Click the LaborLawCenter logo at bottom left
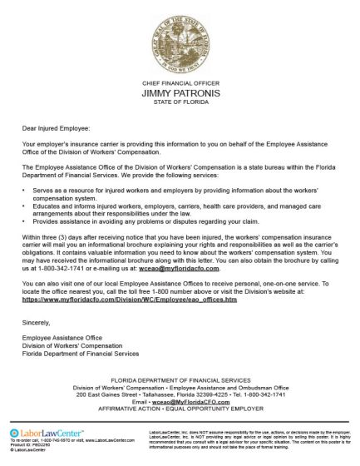click(37, 434)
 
